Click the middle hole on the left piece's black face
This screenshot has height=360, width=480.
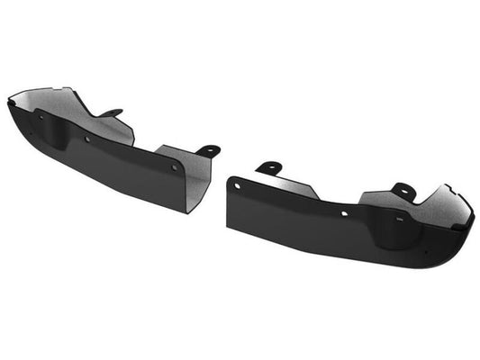pos(87,139)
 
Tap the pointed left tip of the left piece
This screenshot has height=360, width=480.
pos(8,102)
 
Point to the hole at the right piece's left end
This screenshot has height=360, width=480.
pos(238,185)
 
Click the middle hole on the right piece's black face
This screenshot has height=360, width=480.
pos(344,214)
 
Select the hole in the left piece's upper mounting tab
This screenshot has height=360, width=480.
pos(116,112)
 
